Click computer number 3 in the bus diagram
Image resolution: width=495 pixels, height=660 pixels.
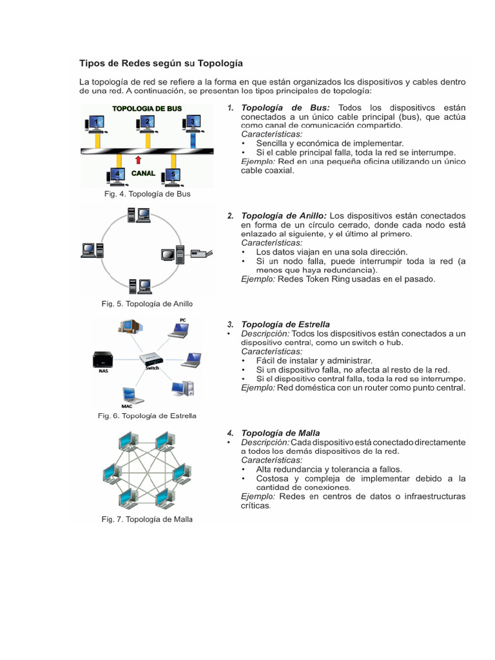pyautogui.click(x=191, y=122)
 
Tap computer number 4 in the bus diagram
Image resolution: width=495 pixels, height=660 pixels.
pyautogui.click(x=117, y=174)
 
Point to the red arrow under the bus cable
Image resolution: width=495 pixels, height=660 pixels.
pyautogui.click(x=138, y=159)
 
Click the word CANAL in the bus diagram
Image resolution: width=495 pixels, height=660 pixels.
pyautogui.click(x=143, y=173)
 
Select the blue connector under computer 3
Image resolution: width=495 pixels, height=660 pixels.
pyautogui.click(x=191, y=139)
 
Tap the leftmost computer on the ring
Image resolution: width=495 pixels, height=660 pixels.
pyautogui.click(x=90, y=249)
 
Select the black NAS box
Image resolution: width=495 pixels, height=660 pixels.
pyautogui.click(x=103, y=359)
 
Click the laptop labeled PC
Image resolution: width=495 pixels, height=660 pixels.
pyautogui.click(x=179, y=330)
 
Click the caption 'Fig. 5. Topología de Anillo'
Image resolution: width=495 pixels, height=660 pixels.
pyautogui.click(x=147, y=304)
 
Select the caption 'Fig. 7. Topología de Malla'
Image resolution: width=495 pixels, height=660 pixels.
pyautogui.click(x=147, y=519)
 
